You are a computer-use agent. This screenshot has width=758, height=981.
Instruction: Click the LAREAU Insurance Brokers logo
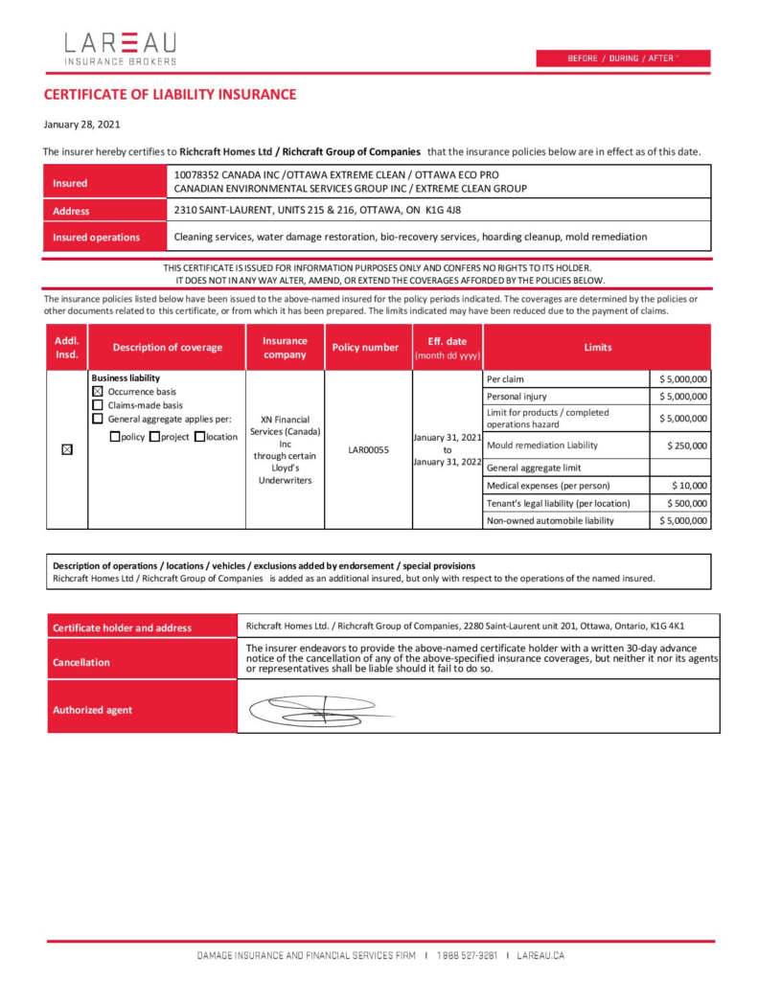click(x=121, y=49)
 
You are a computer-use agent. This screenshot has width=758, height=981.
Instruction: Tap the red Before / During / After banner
click(x=623, y=58)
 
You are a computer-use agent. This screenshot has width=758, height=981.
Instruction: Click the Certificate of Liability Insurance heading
click(x=170, y=95)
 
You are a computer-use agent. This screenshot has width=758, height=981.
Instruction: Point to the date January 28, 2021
click(x=81, y=125)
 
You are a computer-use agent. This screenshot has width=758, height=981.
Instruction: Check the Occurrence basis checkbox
click(x=97, y=392)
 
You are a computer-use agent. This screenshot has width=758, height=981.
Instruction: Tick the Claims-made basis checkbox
click(x=97, y=405)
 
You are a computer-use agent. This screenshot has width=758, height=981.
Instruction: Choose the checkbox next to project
click(x=154, y=437)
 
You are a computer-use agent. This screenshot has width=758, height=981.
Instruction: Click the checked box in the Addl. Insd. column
click(x=67, y=450)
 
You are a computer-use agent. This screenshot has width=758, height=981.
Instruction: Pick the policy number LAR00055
click(x=368, y=450)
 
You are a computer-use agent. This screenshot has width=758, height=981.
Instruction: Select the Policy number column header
click(x=365, y=348)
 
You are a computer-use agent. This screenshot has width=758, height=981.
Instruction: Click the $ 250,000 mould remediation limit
click(x=687, y=445)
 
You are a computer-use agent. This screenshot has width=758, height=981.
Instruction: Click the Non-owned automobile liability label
click(x=550, y=521)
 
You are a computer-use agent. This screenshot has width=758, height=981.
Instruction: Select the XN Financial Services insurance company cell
click(x=285, y=450)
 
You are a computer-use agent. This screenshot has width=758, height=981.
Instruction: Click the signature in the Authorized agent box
click(x=316, y=711)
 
